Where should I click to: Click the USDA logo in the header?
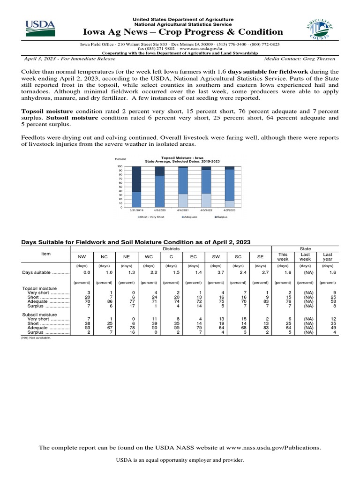point(40,29)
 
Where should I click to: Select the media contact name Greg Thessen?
point(322,59)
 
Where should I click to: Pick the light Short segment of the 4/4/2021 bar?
point(183,201)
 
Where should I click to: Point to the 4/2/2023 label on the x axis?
point(230,210)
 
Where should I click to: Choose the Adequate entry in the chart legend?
point(190,217)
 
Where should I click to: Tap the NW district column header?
point(82,257)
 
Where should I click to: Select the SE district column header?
point(260,257)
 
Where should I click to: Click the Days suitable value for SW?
point(215,272)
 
